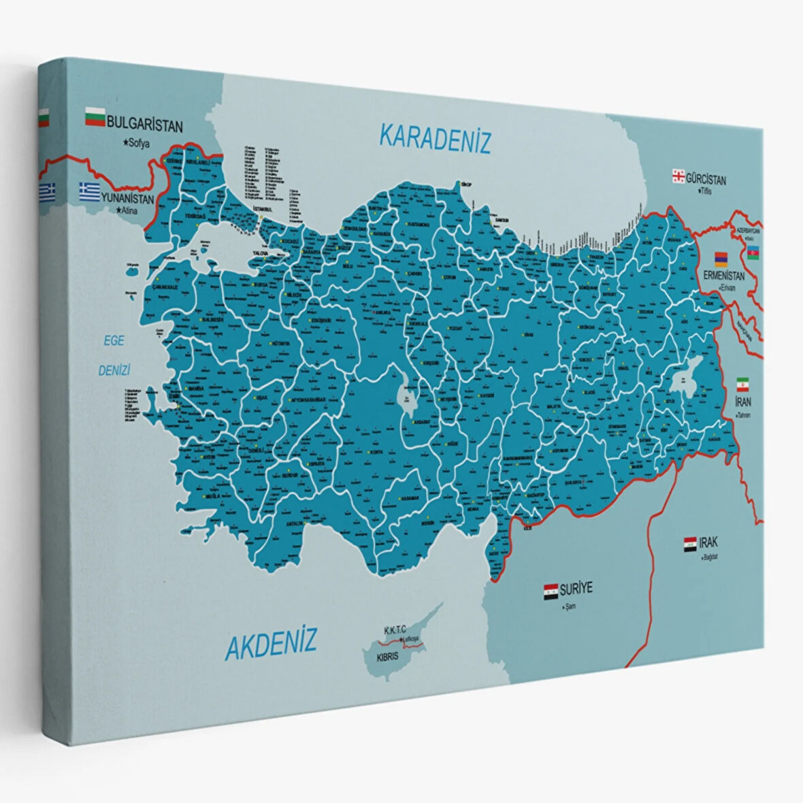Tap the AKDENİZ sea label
271,642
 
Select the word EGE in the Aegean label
114,341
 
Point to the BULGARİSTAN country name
145,125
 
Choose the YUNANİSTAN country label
127,199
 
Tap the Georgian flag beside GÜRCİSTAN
678,176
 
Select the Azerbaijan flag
753,253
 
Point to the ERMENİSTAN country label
724,276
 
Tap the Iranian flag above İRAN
742,382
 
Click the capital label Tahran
743,414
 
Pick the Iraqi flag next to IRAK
690,544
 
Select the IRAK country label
708,543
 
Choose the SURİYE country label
576,588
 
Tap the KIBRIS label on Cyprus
387,658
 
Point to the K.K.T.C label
395,630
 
